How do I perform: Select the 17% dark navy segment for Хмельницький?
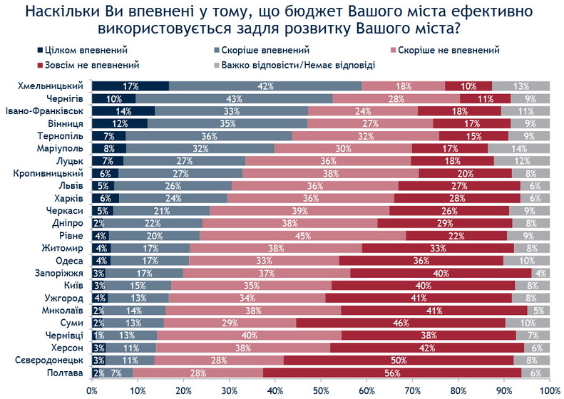(130, 86)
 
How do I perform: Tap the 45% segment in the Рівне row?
(303, 236)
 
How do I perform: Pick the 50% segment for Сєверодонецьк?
(398, 360)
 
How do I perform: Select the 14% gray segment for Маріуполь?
(518, 148)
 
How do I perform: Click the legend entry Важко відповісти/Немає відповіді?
(299, 65)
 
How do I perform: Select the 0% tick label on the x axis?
(92, 390)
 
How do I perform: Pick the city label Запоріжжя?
(65, 273)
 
